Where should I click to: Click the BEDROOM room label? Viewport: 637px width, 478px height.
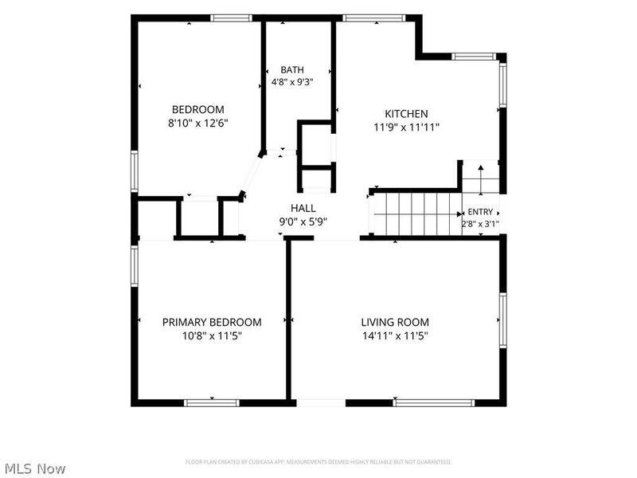pos(197,109)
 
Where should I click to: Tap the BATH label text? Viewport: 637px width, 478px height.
pos(292,69)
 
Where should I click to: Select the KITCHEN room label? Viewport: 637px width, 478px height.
pos(406,114)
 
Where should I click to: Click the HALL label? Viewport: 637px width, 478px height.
pos(303,208)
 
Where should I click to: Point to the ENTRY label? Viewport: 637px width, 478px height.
pos(480,212)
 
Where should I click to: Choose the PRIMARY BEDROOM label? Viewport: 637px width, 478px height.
pos(212,323)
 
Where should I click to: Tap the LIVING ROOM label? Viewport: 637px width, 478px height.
pos(395,323)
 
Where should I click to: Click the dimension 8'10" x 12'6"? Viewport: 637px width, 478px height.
pos(197,123)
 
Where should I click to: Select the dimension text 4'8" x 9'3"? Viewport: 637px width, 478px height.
pos(292,82)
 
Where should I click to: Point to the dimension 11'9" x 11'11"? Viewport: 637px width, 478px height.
pos(406,127)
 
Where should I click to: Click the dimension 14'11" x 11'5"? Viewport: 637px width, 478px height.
pos(395,335)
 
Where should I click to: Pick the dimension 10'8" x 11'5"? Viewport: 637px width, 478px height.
pos(212,335)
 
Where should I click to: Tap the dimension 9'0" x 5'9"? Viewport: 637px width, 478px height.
pos(303,222)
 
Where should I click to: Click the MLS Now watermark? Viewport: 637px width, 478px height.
pos(35,468)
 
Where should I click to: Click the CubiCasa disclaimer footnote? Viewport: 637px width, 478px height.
pos(318,462)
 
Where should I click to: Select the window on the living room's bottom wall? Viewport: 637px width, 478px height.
pos(434,403)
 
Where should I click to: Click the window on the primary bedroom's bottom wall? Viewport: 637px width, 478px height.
pos(212,403)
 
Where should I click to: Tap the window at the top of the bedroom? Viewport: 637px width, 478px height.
pos(231,18)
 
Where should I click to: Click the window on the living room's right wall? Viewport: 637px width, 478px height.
pos(503,320)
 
